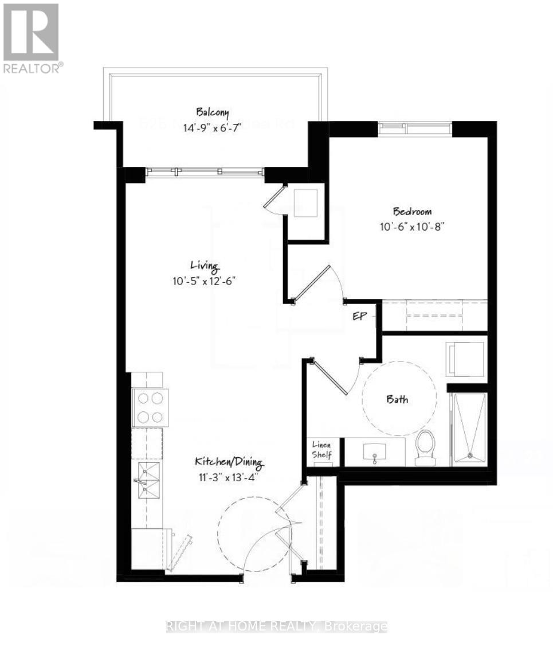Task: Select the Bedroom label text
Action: [x=412, y=211]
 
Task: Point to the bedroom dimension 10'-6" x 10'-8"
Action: [x=412, y=226]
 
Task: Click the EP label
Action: [x=359, y=316]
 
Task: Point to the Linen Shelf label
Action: [x=321, y=450]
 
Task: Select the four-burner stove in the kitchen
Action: [x=150, y=407]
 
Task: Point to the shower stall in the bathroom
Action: [x=469, y=428]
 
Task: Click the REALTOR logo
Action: [x=32, y=37]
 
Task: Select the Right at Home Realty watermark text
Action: [x=277, y=627]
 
